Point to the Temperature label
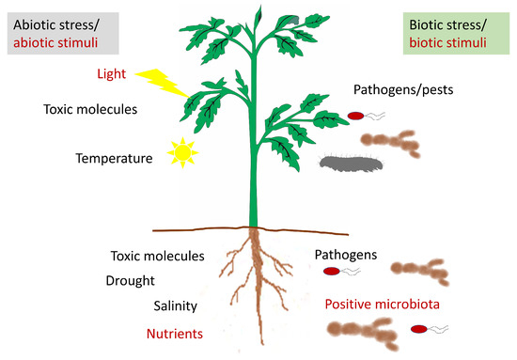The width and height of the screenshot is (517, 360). tap(114, 159)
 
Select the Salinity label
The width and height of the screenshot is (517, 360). tap(180, 305)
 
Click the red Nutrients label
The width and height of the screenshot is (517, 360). tap(177, 332)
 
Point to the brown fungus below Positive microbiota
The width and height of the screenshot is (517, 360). tap(357, 331)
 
